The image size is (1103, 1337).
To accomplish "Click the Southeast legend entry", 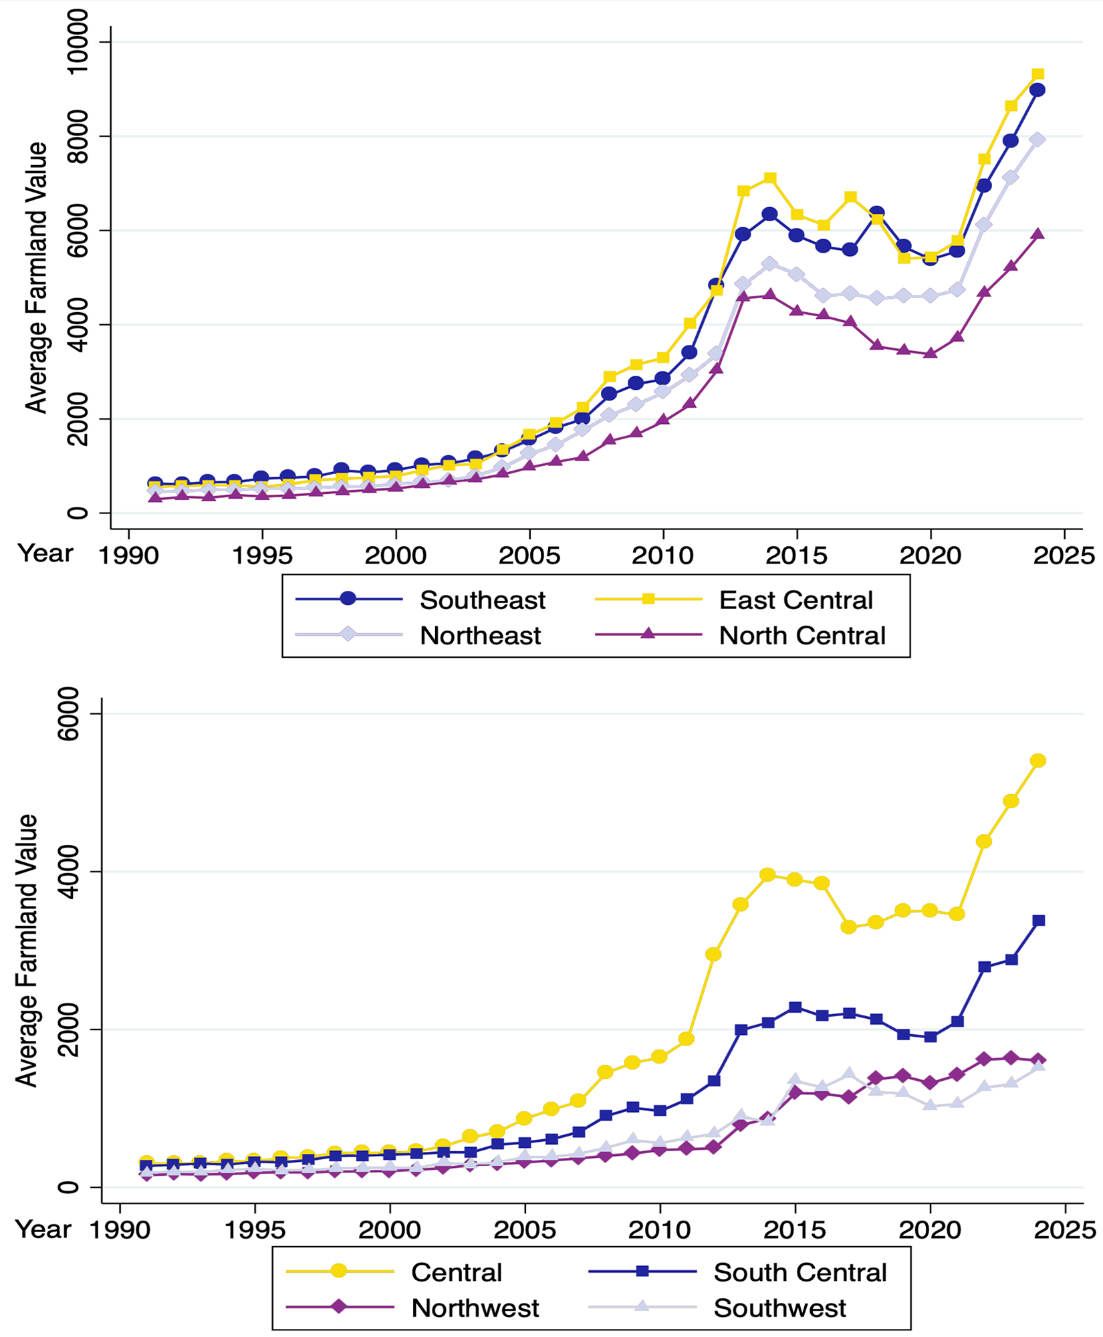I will point(482,600).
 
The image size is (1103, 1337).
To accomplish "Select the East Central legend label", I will point(795,600).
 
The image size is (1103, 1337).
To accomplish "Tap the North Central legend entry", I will point(802,635).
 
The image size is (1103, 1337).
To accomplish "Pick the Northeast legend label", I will point(480,635).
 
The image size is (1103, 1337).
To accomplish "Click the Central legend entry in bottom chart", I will point(456,1272).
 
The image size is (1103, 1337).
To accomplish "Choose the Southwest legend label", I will point(779,1308).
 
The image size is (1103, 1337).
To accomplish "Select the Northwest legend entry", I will point(475,1308).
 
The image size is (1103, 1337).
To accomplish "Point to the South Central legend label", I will point(800,1272).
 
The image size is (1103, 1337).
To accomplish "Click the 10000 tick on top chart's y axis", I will point(78,41).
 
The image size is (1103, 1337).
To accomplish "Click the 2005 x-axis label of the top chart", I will point(529,556).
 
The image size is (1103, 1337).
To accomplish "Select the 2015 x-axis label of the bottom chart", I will point(794,1230).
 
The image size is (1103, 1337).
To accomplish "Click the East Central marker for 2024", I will point(1037,74).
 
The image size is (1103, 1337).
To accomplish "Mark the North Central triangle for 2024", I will point(1037,234).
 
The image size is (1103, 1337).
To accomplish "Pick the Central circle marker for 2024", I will point(1038,761).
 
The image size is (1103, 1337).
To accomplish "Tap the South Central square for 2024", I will point(1038,921).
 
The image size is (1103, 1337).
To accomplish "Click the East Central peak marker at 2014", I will point(770,178).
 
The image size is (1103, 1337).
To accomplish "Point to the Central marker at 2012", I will point(713,954).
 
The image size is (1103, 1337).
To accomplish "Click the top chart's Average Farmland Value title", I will point(36,277).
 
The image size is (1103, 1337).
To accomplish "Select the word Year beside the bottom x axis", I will point(43,1229).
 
